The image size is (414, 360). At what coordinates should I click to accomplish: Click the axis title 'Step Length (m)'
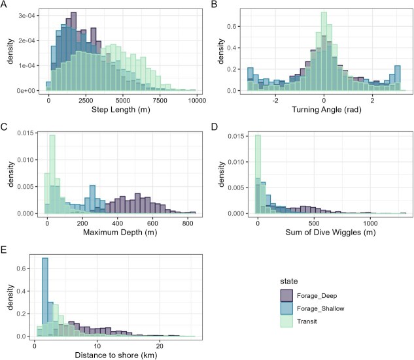[122, 110]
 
